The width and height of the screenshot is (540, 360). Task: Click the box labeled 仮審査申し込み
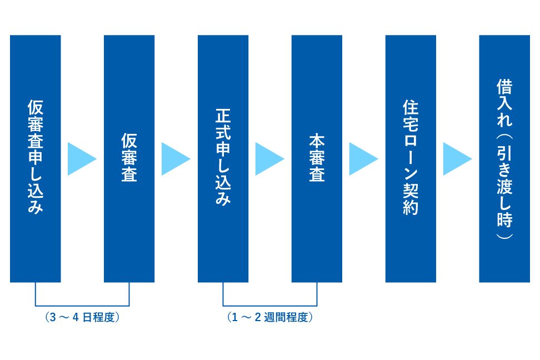[36, 158]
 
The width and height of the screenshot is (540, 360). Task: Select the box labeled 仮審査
[129, 158]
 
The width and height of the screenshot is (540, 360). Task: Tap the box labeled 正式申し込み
[223, 158]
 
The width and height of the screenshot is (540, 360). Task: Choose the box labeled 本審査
[317, 158]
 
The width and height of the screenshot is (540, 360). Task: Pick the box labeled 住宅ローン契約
[411, 158]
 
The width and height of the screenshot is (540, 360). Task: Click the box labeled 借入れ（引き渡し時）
[504, 158]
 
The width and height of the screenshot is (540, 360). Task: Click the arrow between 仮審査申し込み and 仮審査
[82, 159]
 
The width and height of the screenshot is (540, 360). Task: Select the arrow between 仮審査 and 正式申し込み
[176, 159]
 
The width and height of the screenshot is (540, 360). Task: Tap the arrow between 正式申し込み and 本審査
[269, 159]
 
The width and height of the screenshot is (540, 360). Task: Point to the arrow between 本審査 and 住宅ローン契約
[363, 159]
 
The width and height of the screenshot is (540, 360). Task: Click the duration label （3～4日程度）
[82, 317]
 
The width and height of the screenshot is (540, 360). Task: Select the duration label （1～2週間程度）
[269, 317]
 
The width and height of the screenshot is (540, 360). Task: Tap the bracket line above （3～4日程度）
[82, 306]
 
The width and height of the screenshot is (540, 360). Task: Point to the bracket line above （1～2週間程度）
[269, 306]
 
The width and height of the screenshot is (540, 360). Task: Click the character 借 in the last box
[504, 87]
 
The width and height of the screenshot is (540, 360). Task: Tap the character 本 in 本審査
[317, 141]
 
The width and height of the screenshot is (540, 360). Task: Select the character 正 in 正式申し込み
[223, 116]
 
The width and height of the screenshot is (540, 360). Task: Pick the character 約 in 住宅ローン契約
[411, 207]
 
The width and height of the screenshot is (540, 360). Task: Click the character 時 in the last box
[504, 219]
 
